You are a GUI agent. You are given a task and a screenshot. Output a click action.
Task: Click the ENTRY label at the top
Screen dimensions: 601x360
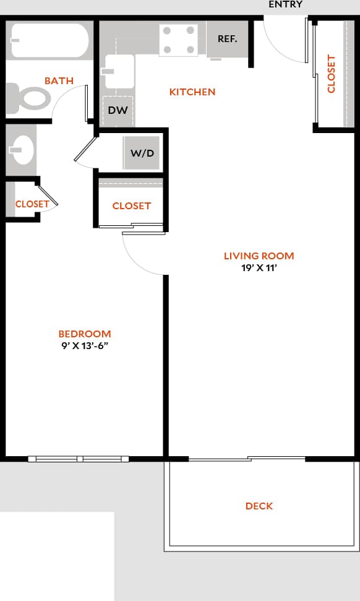click(x=285, y=4)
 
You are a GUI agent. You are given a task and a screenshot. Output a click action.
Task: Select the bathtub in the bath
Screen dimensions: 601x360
click(x=49, y=41)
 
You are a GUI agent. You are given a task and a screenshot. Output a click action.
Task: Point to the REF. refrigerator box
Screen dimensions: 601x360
click(x=228, y=38)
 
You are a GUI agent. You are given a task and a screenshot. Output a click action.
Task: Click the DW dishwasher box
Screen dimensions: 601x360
click(x=118, y=111)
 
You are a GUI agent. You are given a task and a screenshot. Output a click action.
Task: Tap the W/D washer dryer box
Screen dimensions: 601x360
click(x=142, y=153)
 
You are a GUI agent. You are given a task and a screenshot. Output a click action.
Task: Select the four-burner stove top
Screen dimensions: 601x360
click(x=179, y=40)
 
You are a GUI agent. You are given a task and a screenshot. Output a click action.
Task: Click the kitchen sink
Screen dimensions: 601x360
click(x=119, y=71)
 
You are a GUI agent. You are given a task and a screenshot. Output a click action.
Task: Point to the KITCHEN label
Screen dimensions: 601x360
click(x=192, y=92)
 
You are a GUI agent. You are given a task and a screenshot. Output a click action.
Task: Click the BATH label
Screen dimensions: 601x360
click(x=59, y=81)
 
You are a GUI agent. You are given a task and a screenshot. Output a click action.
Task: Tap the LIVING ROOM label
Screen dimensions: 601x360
click(x=259, y=256)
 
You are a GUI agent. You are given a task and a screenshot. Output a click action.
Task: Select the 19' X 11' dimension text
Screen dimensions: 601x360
click(x=259, y=268)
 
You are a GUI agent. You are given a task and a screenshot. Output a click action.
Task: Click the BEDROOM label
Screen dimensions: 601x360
click(x=85, y=334)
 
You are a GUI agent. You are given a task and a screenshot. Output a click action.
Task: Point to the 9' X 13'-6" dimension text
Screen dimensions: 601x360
click(x=85, y=346)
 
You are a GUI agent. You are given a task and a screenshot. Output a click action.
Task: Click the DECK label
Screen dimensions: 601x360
click(x=259, y=506)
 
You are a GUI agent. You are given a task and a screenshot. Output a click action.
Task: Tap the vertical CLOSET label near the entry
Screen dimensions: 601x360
click(x=331, y=74)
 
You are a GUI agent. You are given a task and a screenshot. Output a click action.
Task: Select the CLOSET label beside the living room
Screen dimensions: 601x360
click(x=131, y=206)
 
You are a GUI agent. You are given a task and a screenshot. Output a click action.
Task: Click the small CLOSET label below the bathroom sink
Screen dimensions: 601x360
click(x=32, y=204)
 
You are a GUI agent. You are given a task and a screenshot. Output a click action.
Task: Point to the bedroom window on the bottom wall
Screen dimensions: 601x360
click(x=79, y=459)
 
